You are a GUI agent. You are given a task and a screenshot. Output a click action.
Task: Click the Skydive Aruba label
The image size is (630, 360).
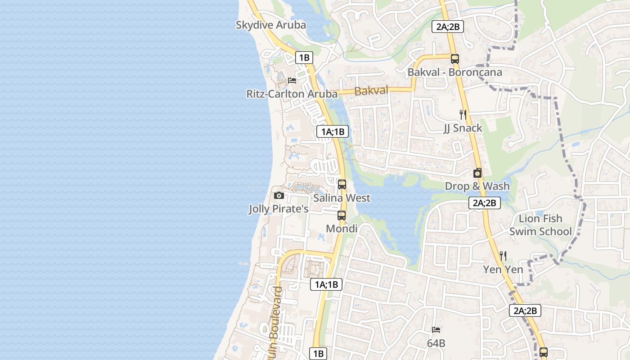(271, 25)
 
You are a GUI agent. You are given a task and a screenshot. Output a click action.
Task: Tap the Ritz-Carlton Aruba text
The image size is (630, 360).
(292, 94)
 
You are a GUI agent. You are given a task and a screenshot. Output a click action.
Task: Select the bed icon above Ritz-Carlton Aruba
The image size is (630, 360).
(292, 81)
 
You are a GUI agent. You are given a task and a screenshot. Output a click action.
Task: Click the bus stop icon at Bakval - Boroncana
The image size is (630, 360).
(454, 58)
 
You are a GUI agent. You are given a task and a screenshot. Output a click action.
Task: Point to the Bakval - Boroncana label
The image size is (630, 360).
(454, 72)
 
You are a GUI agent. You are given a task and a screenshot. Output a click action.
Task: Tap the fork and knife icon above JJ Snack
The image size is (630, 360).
(463, 114)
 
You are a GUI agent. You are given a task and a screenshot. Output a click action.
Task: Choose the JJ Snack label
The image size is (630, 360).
(463, 128)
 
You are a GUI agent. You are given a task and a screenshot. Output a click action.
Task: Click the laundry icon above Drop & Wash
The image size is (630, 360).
(477, 173)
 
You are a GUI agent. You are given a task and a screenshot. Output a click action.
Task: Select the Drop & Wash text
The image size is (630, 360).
(477, 186)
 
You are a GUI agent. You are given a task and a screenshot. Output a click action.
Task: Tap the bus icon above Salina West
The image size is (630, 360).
(342, 184)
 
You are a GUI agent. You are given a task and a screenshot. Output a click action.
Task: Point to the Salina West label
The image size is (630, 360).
(342, 198)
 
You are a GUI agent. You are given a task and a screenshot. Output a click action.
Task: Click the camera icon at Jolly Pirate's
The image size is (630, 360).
(279, 195)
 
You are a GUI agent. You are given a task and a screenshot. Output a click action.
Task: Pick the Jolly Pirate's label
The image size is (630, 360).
(279, 209)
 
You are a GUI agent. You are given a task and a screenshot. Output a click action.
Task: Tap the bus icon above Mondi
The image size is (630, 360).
(342, 215)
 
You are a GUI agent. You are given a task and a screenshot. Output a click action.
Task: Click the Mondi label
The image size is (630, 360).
(342, 229)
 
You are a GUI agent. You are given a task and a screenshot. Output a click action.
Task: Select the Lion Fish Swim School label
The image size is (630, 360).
(540, 225)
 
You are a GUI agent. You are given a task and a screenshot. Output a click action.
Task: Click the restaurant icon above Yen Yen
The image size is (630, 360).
(503, 256)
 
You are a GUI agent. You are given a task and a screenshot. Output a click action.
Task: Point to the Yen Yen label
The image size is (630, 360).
(503, 270)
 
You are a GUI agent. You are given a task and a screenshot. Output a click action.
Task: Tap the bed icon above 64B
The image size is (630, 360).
(436, 330)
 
